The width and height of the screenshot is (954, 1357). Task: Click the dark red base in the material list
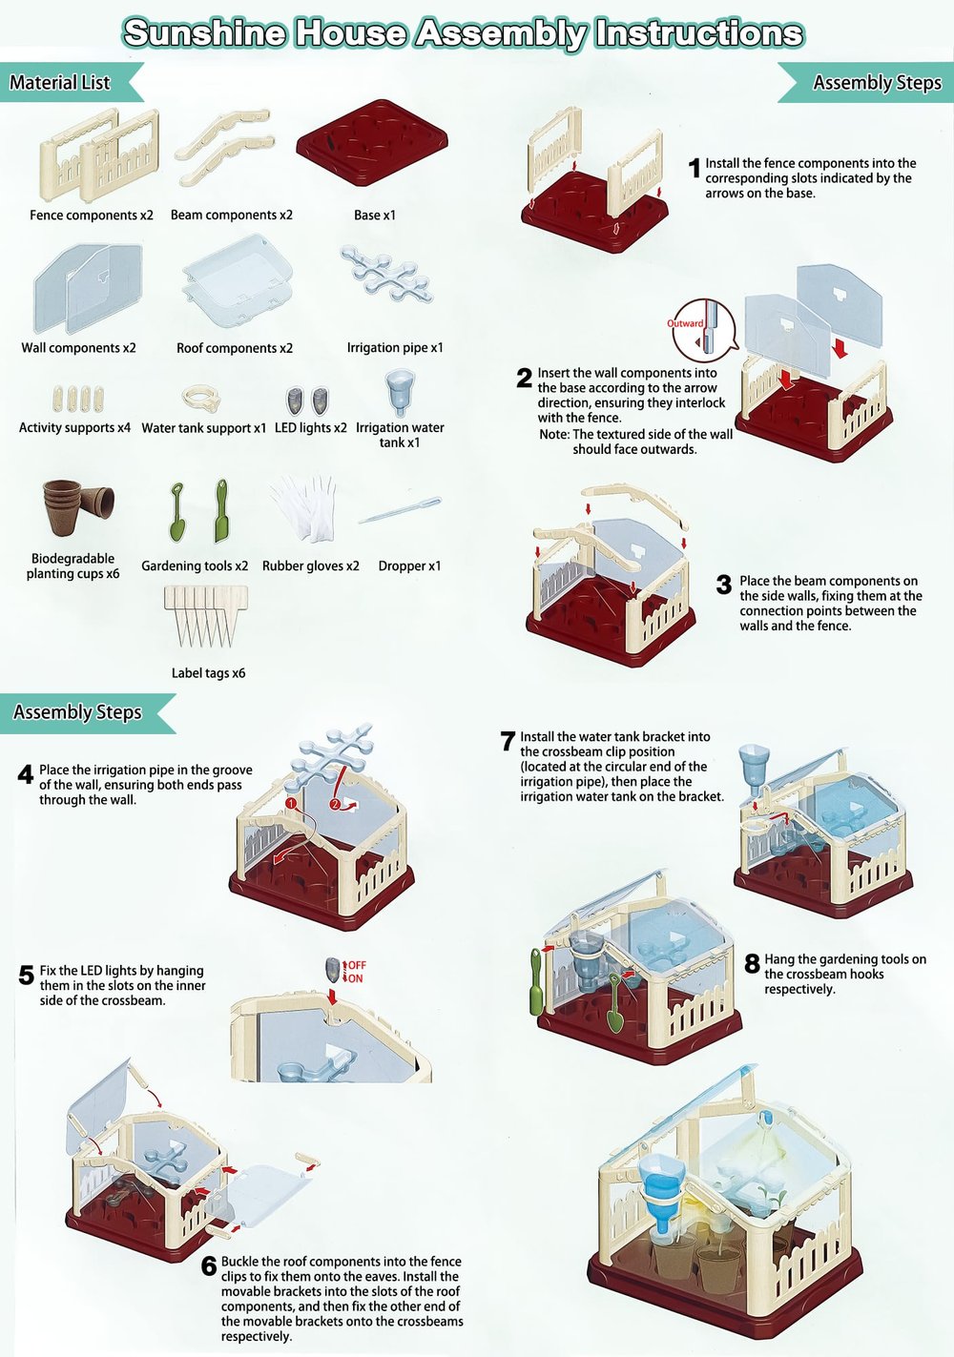click(372, 143)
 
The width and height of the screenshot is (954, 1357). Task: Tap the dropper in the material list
click(400, 511)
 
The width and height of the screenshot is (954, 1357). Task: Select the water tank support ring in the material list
click(200, 399)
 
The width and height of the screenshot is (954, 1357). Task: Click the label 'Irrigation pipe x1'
click(395, 348)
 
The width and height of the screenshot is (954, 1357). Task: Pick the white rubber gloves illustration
click(304, 507)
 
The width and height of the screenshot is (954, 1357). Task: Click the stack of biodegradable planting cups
click(78, 506)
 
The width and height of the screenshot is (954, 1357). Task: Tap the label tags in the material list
click(205, 615)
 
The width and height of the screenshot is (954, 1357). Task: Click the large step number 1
click(695, 168)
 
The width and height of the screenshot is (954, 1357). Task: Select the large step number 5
click(27, 976)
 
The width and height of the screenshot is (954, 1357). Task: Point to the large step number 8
click(752, 963)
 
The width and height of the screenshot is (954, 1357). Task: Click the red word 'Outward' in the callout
click(685, 323)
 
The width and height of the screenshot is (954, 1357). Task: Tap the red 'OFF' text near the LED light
click(357, 965)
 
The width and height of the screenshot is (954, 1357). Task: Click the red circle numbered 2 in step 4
click(335, 805)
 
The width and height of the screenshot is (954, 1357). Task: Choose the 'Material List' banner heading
click(59, 82)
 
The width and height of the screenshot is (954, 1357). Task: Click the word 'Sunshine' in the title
click(204, 32)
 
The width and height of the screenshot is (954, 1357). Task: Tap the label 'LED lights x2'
click(310, 427)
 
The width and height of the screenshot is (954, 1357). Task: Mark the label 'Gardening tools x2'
click(195, 565)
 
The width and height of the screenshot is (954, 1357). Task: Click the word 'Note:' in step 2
click(554, 434)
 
